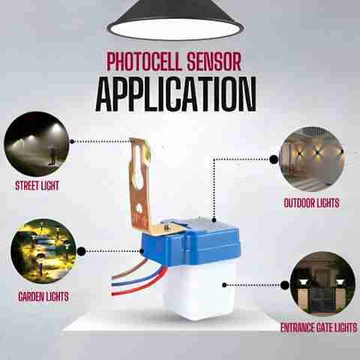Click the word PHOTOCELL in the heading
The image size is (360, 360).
coord(144,61)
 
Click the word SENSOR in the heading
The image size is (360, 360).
coord(214,61)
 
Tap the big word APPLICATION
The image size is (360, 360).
coord(176,94)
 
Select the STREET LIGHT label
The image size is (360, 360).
coord(37,186)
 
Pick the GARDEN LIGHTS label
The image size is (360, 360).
coord(43,296)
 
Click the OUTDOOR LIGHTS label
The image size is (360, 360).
coord(312,203)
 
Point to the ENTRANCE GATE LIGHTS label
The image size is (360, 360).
coord(319,328)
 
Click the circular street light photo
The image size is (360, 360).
coord(37,144)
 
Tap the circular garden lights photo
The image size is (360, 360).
coord(43,251)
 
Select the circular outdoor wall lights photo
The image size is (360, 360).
coord(311,159)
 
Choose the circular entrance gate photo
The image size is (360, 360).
coord(322,284)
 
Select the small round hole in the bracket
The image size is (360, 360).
coord(138,208)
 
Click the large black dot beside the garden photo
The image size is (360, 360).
coord(82,251)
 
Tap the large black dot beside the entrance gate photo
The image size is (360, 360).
coord(285,285)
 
